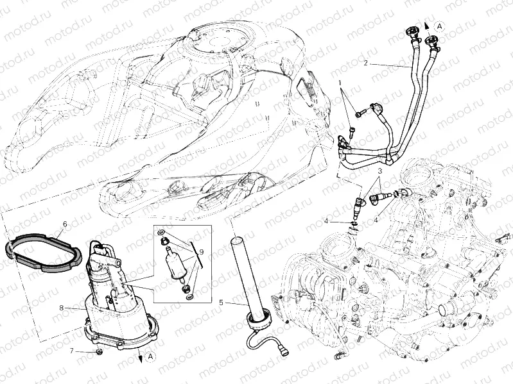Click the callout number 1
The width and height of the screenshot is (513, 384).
(341, 84)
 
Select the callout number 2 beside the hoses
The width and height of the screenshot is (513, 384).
(365, 63)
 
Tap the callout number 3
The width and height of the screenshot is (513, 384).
(379, 171)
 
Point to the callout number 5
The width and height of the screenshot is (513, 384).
(222, 301)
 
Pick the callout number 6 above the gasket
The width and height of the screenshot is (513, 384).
(64, 224)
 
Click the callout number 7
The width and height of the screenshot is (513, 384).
(73, 351)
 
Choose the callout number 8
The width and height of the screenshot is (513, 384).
(61, 308)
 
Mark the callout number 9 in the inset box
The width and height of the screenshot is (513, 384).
(201, 251)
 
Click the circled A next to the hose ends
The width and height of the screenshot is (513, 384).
(439, 26)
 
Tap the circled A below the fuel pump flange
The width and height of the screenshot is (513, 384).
(150, 356)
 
